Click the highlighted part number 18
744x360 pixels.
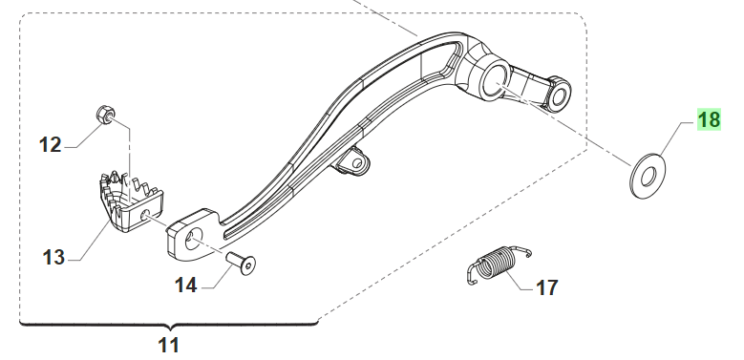pos(709,119)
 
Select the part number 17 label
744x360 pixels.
pos(546,287)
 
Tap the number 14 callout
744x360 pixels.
pos(185,286)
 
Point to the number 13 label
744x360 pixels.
pos(53,258)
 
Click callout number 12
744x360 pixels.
pos(51,144)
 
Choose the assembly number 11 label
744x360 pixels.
pos(169,346)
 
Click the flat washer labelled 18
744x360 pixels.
pos(648,176)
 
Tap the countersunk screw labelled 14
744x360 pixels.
pos(241,264)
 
